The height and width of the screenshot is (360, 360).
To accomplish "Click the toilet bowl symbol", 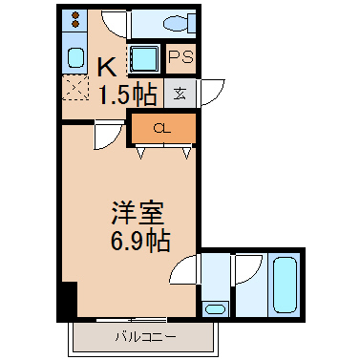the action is coord(179,23).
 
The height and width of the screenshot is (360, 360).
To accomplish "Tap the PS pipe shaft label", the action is coord(180,57).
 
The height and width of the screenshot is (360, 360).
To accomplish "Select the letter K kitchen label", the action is coord(107,68).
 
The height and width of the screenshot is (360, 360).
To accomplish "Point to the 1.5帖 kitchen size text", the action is coord(128,95).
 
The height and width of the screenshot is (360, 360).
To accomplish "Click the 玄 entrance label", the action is coord(180,93).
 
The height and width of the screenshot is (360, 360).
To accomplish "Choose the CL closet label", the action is coord(162,129).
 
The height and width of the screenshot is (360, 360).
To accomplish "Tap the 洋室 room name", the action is coord(138,213).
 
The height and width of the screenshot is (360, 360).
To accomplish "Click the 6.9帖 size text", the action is coord(140,241).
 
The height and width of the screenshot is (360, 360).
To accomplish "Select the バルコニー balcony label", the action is coord(145,337).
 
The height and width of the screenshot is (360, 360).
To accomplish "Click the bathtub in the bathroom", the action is coord(285,285).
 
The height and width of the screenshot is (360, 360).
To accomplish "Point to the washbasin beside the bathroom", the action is coord(215,308).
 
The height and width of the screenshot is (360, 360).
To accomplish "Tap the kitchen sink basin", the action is coord(75,57).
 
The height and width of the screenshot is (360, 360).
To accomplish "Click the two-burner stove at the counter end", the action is coord(75,19).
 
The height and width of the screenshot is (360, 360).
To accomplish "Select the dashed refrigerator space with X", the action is coord(75,87).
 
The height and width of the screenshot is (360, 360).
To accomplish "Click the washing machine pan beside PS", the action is coord(144,58).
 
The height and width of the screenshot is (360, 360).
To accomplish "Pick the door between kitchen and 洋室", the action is coord(109,135).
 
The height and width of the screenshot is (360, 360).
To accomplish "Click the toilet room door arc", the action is coord(112,25).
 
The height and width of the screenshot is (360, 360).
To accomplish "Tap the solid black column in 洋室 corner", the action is coord(70,299).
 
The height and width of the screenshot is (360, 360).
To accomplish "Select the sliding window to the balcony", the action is coord(131,319).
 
